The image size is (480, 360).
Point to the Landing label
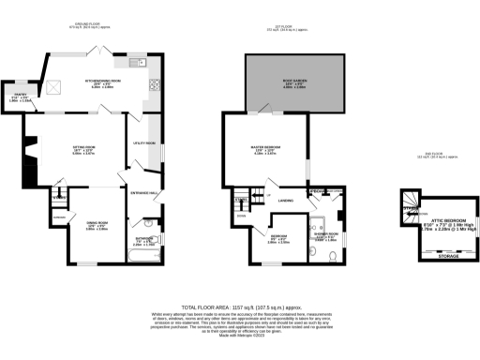click(286, 201)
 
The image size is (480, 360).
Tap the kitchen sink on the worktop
click(54, 88)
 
